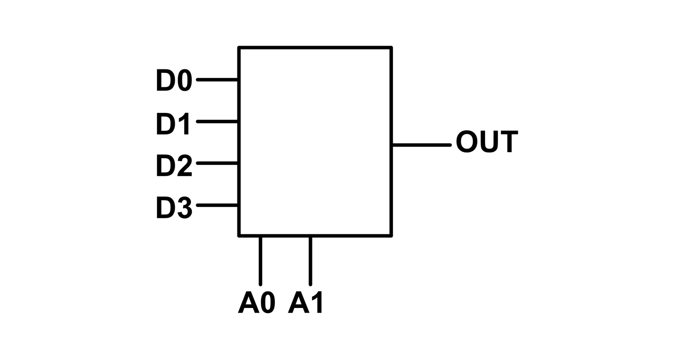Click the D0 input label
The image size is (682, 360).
tap(174, 80)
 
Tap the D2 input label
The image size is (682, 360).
tap(174, 165)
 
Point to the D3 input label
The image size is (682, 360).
tap(174, 207)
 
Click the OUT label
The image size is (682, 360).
tap(486, 142)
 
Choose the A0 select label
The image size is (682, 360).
tap(256, 303)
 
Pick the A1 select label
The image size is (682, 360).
tap(306, 303)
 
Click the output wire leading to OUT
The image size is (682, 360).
tap(421, 145)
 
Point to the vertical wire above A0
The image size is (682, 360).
tap(260, 261)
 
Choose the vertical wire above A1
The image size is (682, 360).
tap(310, 261)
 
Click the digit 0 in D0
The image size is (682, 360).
tap(185, 80)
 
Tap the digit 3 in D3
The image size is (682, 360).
tap(185, 207)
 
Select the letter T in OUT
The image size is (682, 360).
tap(509, 142)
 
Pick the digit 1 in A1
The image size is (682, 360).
tap(317, 303)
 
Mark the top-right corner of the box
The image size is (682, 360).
tap(391, 48)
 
